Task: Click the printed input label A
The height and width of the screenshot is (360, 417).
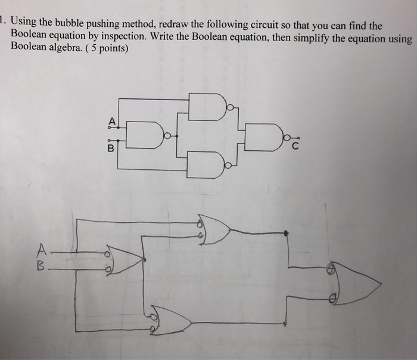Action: pyautogui.click(x=110, y=120)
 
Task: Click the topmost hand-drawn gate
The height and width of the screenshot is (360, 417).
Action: pyautogui.click(x=216, y=229)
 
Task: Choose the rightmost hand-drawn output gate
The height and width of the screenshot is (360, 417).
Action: pyautogui.click(x=354, y=283)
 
